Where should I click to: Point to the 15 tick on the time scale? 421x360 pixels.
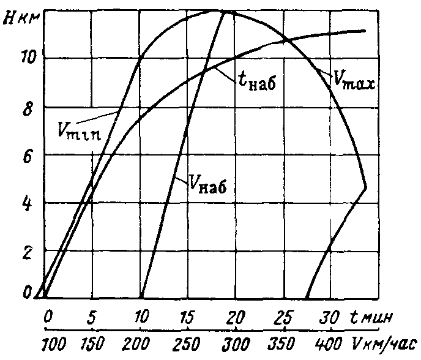coord(188,318)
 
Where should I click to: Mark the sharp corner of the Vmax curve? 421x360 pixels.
coord(365,187)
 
